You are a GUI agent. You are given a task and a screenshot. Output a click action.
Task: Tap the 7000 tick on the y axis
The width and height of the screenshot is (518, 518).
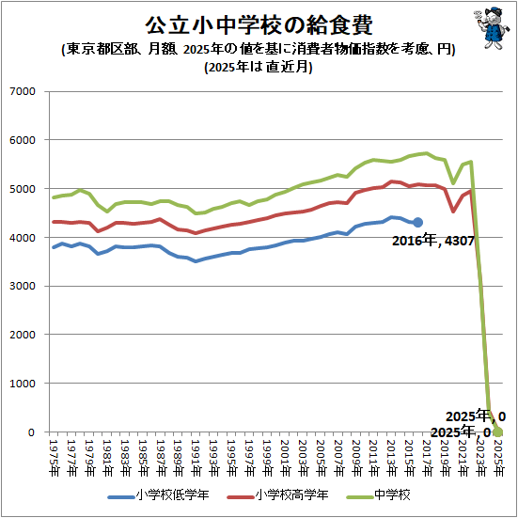pos(21,91)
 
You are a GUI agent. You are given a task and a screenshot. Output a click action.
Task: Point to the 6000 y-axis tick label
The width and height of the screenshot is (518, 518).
pos(21,140)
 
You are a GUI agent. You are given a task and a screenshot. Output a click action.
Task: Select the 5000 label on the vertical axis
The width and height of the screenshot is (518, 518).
pos(21,189)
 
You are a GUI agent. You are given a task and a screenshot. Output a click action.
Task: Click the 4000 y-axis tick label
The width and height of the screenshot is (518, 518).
pos(21,238)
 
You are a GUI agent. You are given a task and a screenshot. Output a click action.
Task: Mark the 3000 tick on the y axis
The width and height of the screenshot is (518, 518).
pos(21,286)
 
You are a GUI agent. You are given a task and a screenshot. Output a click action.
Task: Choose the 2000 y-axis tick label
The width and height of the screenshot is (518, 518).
pos(21,335)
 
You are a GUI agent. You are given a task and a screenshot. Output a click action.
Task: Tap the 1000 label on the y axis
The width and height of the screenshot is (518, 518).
pos(21,384)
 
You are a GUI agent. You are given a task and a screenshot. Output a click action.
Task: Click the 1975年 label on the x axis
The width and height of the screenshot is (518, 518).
pos(55,455)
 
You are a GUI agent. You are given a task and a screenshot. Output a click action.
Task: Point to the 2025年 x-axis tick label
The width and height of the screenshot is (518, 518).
pos(498,455)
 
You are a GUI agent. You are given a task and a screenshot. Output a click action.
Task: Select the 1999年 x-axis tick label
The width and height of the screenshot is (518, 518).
pos(268,455)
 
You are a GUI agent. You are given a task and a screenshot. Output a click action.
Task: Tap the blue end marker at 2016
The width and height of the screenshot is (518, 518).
pos(418,223)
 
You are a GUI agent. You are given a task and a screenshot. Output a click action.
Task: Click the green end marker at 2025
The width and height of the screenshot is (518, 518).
pos(498,432)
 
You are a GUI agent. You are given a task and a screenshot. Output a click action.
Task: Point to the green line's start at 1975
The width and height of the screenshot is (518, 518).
pos(55,197)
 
